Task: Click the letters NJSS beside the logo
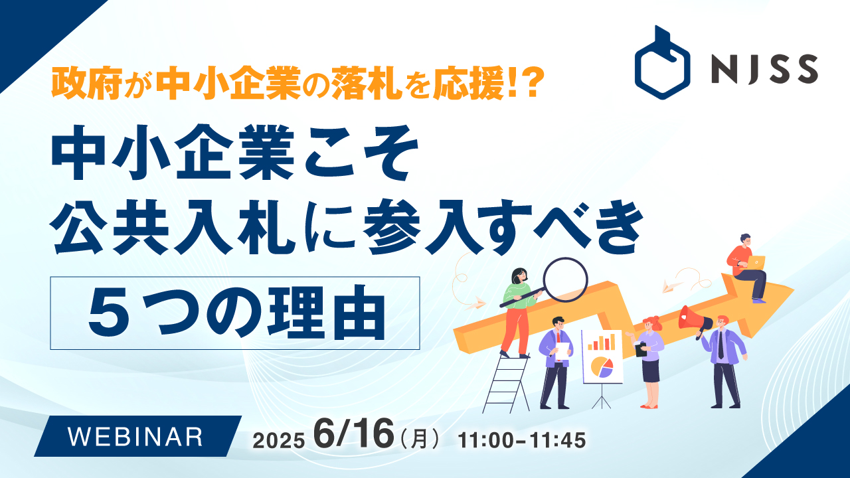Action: pyautogui.click(x=764, y=68)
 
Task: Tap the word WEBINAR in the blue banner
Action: pyautogui.click(x=135, y=436)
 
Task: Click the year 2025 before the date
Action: pyautogui.click(x=278, y=441)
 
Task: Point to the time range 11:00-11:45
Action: pyautogui.click(x=522, y=440)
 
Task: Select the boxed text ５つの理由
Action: pyautogui.click(x=236, y=313)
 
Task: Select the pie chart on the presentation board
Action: pyautogui.click(x=602, y=367)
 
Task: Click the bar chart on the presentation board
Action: pyautogui.click(x=602, y=342)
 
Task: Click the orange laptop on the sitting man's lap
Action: pyautogui.click(x=756, y=261)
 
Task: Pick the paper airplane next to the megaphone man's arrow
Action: pyautogui.click(x=672, y=286)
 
